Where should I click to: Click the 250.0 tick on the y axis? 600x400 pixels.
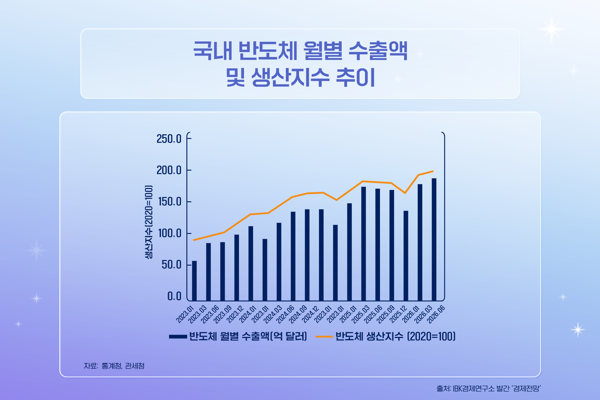pos(169,139)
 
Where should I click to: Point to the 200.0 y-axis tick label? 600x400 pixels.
pos(169,170)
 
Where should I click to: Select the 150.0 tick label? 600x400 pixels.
pos(169,202)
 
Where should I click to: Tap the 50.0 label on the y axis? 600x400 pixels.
pos(172,265)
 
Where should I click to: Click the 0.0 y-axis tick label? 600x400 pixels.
pos(174,296)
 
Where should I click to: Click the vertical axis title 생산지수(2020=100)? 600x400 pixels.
pos(149,222)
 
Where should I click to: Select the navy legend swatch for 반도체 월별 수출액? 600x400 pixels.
pos(178,337)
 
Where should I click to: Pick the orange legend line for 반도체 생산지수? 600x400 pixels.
pos(324,337)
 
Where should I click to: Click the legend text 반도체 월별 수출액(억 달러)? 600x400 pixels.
pos(248,336)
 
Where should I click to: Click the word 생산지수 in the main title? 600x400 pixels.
pos(290,77)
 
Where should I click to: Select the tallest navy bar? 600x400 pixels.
pos(434,240)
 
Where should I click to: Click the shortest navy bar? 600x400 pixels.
pos(194,281)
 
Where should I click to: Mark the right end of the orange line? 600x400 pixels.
pos(433,171)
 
